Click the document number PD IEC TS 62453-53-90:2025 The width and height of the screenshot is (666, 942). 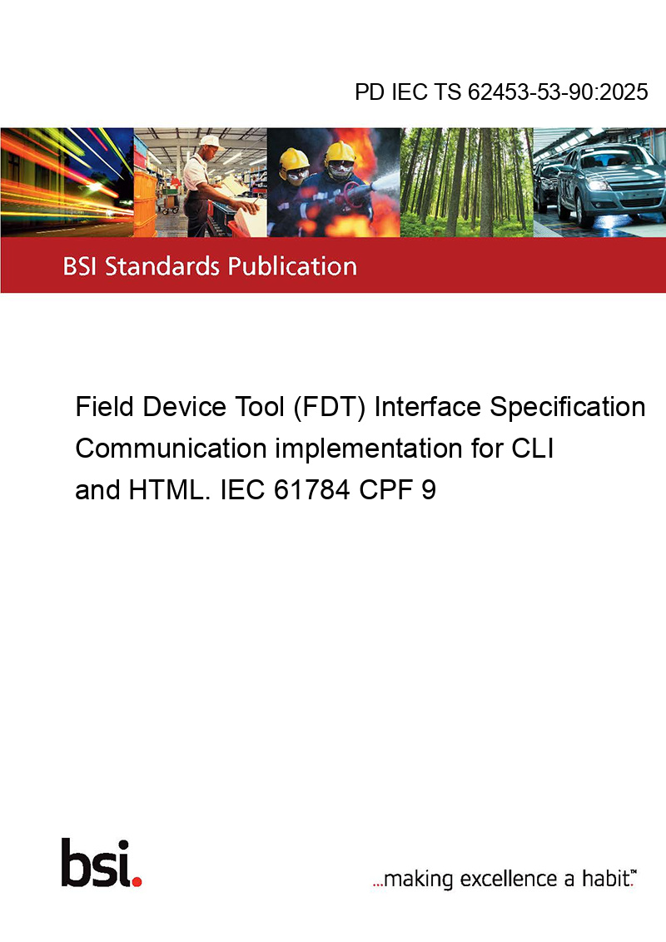coord(501,92)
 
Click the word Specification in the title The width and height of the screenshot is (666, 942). coord(568,407)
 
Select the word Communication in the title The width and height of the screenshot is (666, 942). coord(171,449)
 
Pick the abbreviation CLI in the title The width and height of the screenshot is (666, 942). coord(533,449)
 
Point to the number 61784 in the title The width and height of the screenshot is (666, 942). coord(312,489)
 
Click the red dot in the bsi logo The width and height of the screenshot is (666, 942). coord(137,881)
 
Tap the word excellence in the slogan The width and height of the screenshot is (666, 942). coord(509,879)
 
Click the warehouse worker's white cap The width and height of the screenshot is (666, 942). coord(210,141)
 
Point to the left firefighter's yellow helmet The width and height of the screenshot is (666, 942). coord(294,159)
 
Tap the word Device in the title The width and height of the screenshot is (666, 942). coord(182,407)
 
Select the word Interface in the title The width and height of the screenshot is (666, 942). coord(427,407)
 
